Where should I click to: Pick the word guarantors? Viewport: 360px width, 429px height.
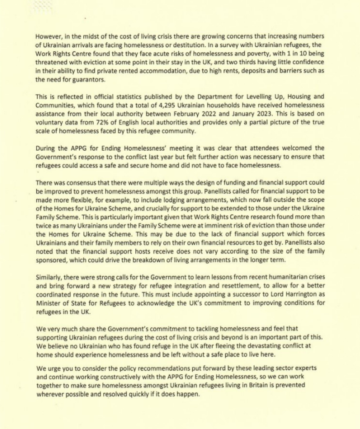coord(88,80)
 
